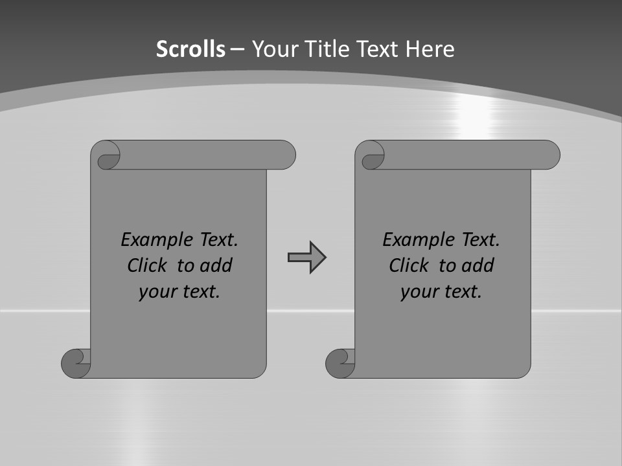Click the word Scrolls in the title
(190, 49)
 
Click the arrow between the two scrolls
(306, 258)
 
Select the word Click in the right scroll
(409, 265)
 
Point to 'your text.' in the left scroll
(179, 292)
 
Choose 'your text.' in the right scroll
(441, 292)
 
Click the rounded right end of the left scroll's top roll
(286, 155)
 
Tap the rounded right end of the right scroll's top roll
(550, 155)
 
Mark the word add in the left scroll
(217, 265)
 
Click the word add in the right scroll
(479, 265)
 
